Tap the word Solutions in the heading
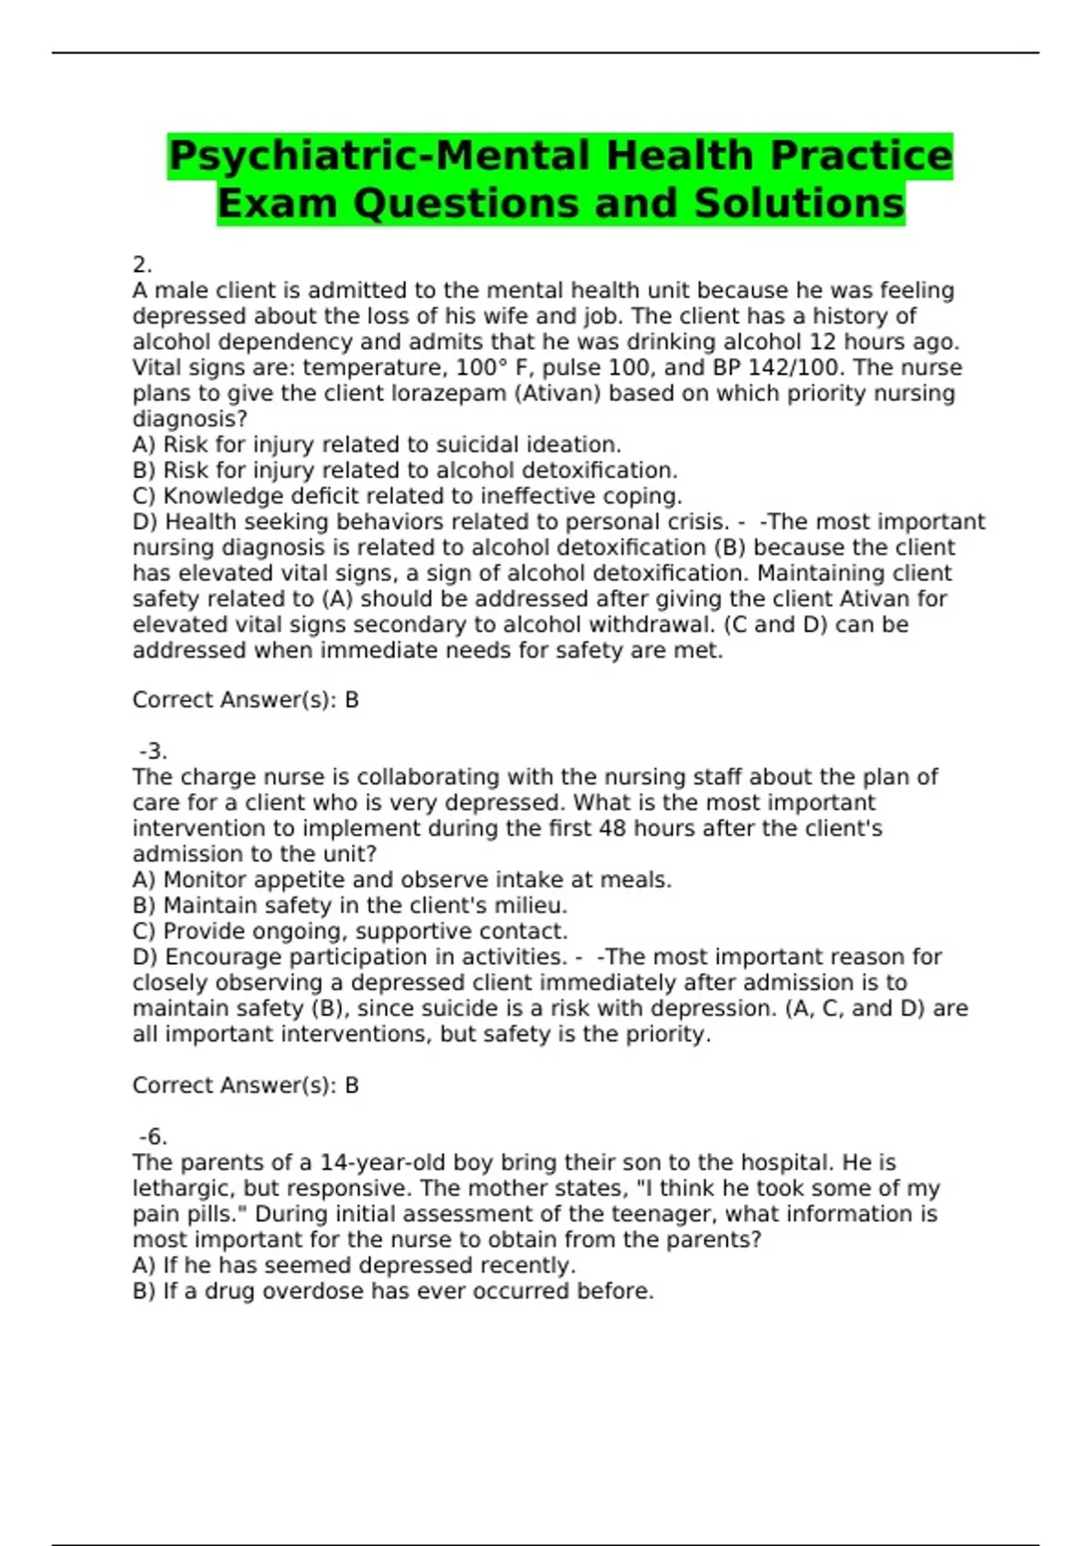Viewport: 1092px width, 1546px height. pos(799,203)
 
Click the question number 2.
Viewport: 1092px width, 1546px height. pos(141,265)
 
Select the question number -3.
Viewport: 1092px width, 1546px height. pos(153,751)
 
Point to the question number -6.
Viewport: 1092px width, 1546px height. pos(153,1137)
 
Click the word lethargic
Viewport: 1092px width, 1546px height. pos(183,1189)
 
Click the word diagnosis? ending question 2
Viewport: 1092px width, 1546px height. pos(189,419)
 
